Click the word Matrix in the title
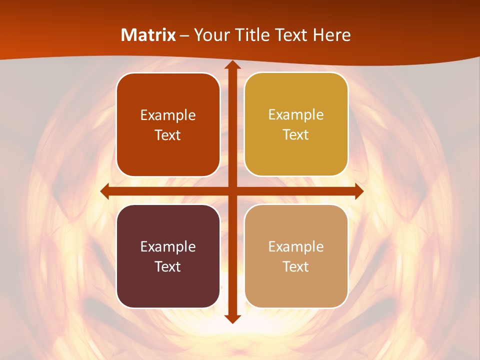(148, 35)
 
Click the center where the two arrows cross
(232, 191)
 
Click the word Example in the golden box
(296, 114)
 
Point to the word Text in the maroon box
(168, 266)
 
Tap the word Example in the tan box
(296, 246)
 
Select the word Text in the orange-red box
(168, 135)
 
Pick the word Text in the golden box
(296, 134)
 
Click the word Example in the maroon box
(168, 246)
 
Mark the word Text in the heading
(293, 35)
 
